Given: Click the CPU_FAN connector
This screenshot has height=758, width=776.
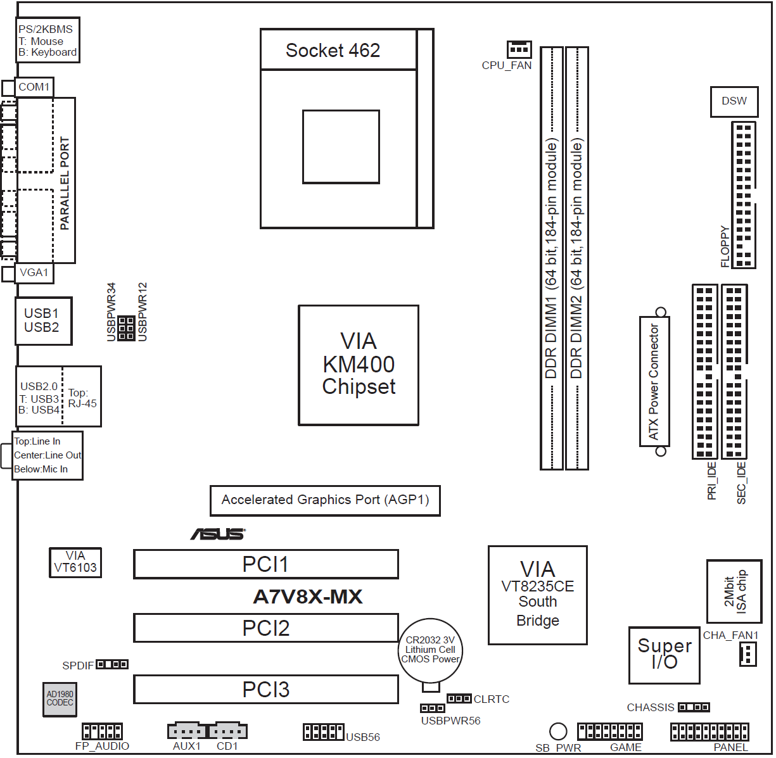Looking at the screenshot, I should [x=519, y=49].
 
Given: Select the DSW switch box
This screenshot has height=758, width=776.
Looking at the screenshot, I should [x=734, y=101].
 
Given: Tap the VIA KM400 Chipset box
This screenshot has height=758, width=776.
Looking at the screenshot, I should [x=359, y=365].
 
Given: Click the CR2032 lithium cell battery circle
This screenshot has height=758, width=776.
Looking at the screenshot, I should [x=431, y=650].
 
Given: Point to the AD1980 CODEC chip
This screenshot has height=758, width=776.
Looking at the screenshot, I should [x=60, y=699].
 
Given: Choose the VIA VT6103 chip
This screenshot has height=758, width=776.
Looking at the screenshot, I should [x=75, y=562].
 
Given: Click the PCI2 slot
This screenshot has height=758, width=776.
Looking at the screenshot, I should [x=266, y=628].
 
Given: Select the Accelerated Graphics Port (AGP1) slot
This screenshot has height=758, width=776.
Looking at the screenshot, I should [x=325, y=500].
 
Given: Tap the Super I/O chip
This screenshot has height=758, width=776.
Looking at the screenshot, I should [x=664, y=655].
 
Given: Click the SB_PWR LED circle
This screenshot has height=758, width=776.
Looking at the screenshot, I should [x=557, y=731].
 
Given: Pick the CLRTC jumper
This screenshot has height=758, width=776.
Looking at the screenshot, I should [x=459, y=698].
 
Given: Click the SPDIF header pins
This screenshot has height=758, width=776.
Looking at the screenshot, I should [x=112, y=664].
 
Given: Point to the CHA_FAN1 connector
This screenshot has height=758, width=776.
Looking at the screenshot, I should [x=748, y=654].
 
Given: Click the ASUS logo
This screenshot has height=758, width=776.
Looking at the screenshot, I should [x=218, y=534].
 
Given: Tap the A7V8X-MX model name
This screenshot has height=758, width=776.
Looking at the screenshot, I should [x=308, y=597].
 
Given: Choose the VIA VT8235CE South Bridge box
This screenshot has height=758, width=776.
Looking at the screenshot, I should [x=537, y=595].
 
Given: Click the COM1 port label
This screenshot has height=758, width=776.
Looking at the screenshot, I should [x=34, y=87].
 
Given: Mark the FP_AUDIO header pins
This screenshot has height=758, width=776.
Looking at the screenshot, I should [x=102, y=731].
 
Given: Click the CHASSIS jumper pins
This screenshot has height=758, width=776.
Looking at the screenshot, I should [x=694, y=707].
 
